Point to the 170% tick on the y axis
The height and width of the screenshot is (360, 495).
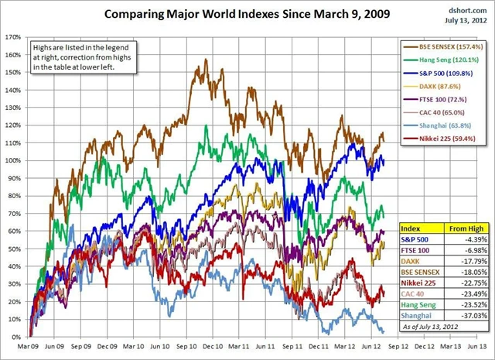click(12, 36)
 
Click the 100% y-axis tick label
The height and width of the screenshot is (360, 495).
click(12, 160)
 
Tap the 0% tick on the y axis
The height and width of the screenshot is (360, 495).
click(15, 338)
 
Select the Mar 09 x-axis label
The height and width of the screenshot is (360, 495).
click(29, 348)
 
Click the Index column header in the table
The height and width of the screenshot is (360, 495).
click(411, 229)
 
